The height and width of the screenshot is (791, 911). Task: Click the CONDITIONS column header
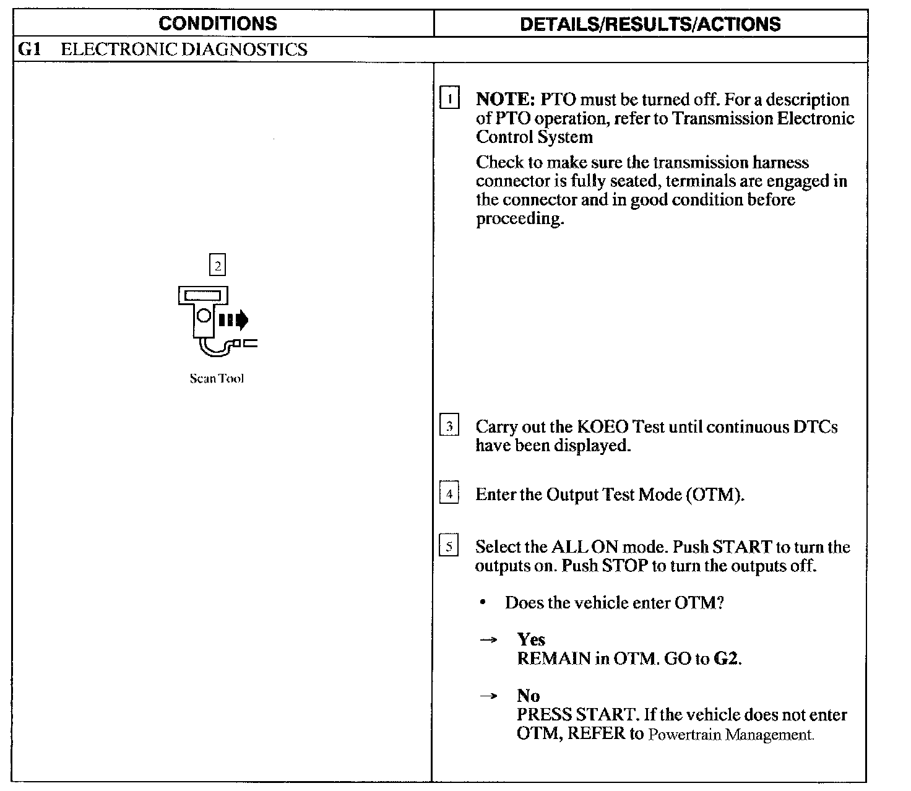(x=218, y=24)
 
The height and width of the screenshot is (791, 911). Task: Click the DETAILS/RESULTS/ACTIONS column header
(x=650, y=24)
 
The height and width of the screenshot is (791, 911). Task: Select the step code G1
(x=29, y=49)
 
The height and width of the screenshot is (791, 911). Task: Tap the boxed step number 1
(x=449, y=98)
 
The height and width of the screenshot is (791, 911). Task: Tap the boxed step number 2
(x=218, y=265)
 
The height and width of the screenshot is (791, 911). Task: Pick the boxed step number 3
(x=449, y=425)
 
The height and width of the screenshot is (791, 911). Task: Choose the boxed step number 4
(x=449, y=492)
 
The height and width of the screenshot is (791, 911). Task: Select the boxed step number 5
(x=449, y=545)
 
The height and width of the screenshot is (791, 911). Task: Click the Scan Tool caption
(x=217, y=378)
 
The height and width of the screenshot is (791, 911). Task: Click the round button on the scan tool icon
(x=204, y=316)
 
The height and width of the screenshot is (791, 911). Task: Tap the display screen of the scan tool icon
(x=202, y=296)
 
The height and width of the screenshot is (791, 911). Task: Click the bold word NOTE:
(x=506, y=99)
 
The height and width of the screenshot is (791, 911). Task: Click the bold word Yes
(x=531, y=639)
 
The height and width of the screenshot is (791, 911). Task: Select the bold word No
(x=529, y=695)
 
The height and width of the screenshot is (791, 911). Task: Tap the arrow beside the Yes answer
(x=488, y=640)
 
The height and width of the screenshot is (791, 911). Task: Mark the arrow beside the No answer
(x=488, y=696)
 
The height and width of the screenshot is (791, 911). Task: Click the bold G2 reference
(x=726, y=659)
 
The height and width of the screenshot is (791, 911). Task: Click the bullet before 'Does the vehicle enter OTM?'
(x=483, y=603)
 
